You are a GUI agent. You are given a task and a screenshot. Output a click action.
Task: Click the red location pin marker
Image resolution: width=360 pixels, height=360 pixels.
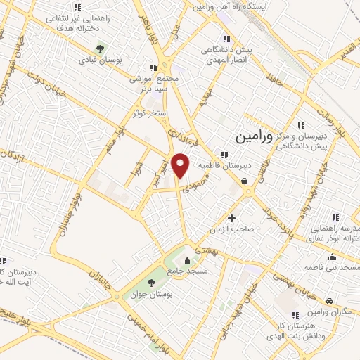[181, 166]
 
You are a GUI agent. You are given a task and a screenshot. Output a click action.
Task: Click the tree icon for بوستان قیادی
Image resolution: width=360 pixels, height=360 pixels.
[100, 49]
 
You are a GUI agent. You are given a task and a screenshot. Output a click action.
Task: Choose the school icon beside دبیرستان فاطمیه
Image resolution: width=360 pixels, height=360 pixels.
[224, 155]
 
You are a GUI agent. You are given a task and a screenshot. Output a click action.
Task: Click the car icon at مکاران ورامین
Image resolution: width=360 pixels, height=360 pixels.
[310, 300]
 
